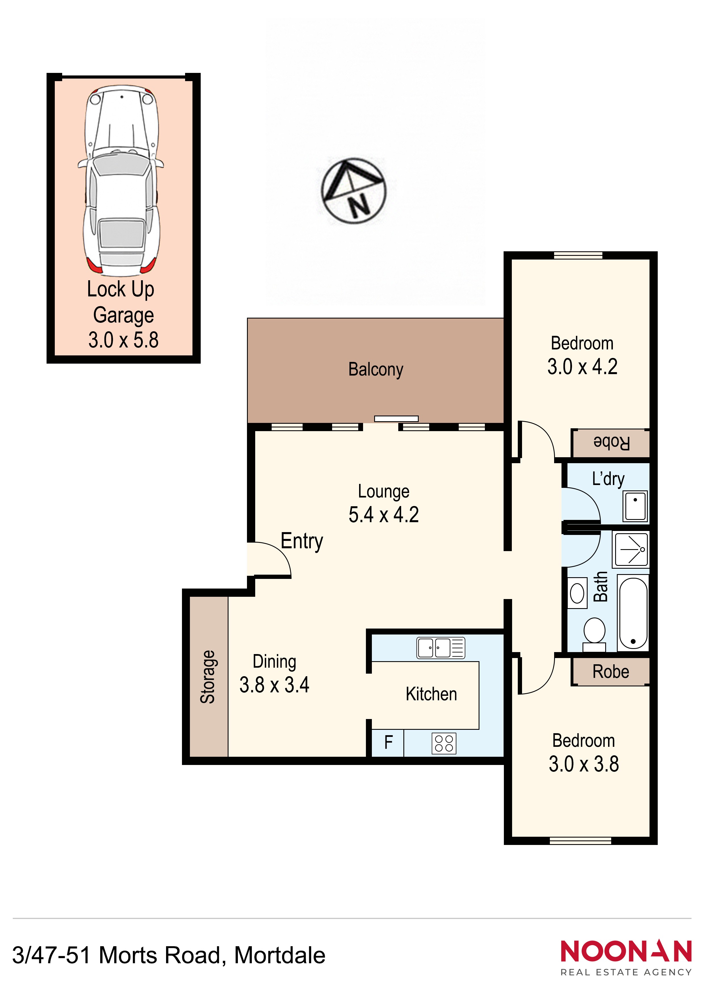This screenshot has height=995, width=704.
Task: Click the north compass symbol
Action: pos(353,191)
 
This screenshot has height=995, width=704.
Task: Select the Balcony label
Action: pos(376,370)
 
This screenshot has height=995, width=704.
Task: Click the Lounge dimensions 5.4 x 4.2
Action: pos(384,515)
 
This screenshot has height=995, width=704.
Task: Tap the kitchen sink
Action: pos(441,648)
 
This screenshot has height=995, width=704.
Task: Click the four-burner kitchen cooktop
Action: pos(444,743)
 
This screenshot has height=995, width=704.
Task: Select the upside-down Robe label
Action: pos(611,443)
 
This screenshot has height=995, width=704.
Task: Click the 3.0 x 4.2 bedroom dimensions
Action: pos(582,367)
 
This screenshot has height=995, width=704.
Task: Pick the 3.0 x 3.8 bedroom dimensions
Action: pos(584,764)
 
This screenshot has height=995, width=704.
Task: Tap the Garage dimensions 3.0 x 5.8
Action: pos(123,340)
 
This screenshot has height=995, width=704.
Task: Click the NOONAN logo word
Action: pos(626,951)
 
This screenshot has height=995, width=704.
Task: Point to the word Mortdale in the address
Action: pos(280,955)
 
